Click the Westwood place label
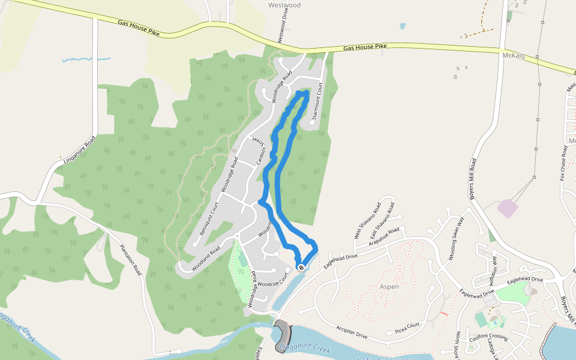pyautogui.click(x=284, y=5)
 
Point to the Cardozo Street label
pyautogui.click(x=257, y=151)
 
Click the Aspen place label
pyautogui.click(x=389, y=287)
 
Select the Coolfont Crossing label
pyautogui.click(x=489, y=337)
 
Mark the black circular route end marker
pyautogui.click(x=301, y=268)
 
